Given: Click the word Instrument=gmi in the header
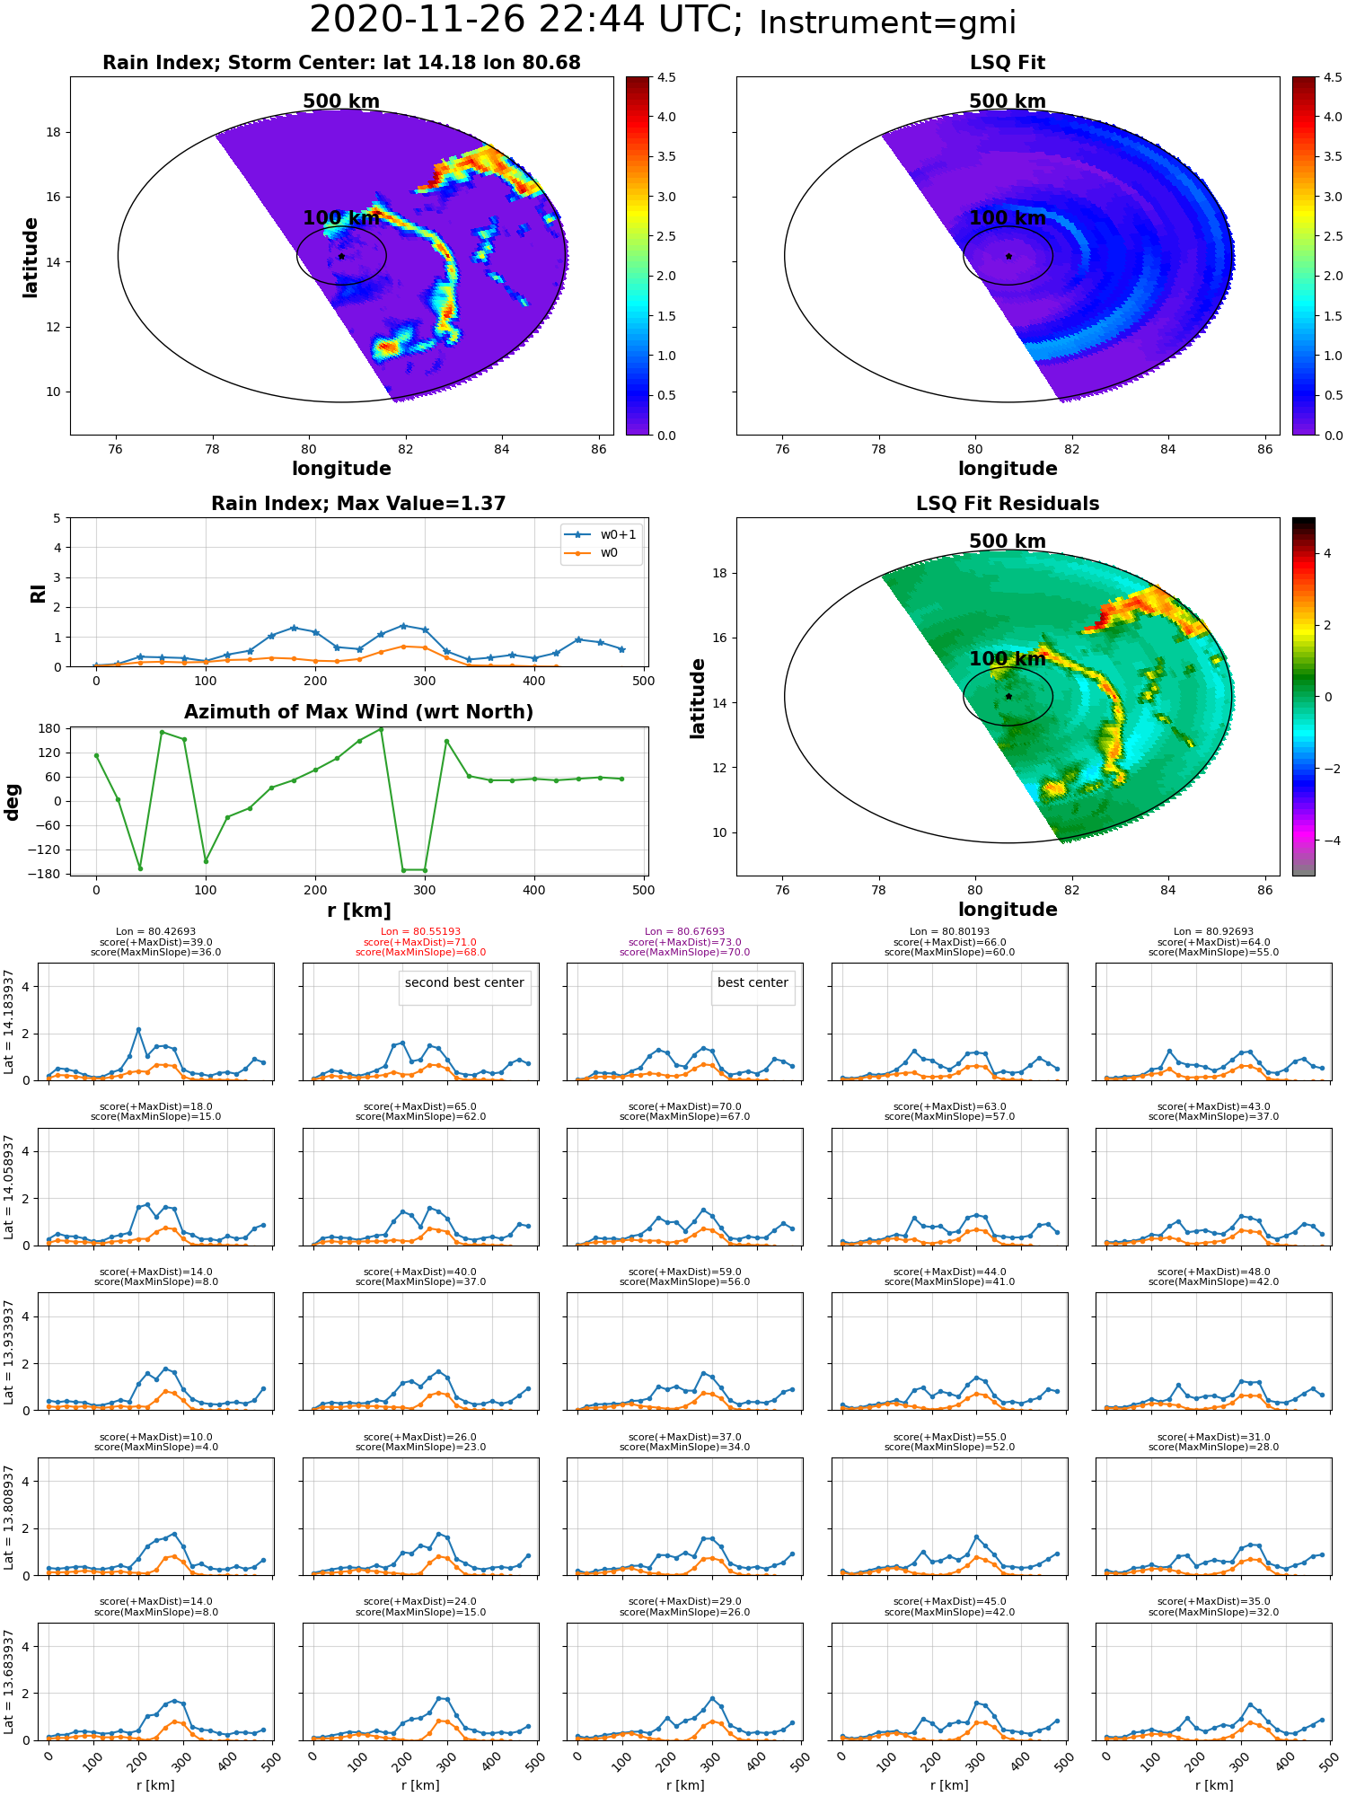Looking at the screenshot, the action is point(887,23).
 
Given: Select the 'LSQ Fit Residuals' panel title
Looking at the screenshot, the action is point(1008,504).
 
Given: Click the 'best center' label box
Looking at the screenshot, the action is point(753,982).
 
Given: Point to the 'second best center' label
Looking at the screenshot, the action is point(464,982).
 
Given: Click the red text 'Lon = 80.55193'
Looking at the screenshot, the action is point(420,932).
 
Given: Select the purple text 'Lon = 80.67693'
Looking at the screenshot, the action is point(684,932).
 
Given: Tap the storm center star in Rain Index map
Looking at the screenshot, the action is point(341,256).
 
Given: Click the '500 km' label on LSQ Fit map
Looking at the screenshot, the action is point(1008,101).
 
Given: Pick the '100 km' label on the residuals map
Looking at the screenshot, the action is point(1008,659).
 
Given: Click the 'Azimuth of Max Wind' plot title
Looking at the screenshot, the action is point(358,712).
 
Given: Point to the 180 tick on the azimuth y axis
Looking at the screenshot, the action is point(49,728).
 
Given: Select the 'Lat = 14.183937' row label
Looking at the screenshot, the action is point(9,1022).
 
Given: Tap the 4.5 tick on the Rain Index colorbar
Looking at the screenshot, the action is point(666,78).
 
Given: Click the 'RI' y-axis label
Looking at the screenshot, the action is point(39,594).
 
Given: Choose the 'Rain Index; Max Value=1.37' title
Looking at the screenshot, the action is point(358,504).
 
